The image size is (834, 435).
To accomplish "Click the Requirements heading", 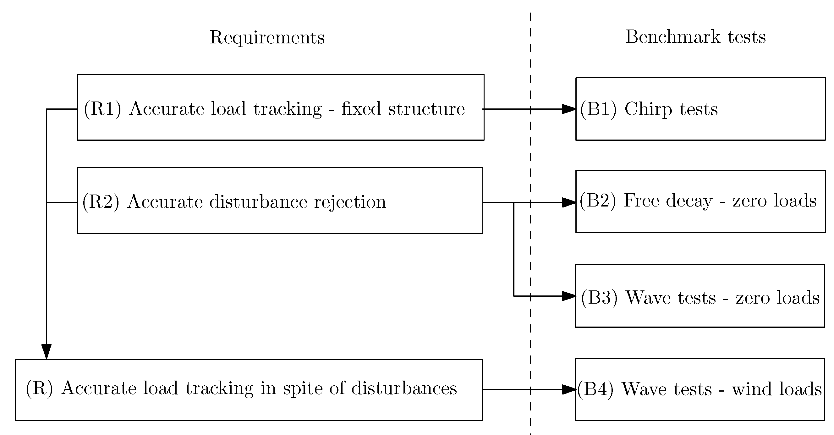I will pyautogui.click(x=267, y=38).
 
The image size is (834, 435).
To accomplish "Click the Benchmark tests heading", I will pyautogui.click(x=695, y=37).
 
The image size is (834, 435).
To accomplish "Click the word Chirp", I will pyautogui.click(x=648, y=109).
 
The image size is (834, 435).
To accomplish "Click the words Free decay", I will pyautogui.click(x=668, y=201).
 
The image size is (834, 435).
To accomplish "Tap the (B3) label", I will pyautogui.click(x=599, y=297).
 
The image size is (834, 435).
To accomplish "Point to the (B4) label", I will pyautogui.click(x=595, y=389).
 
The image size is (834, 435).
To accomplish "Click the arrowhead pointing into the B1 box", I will pyautogui.click(x=568, y=109).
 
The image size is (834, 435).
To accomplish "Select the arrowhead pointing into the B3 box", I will pyautogui.click(x=568, y=296).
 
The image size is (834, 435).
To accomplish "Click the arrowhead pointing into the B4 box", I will pyautogui.click(x=568, y=390).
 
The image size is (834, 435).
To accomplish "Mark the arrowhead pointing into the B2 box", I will pyautogui.click(x=568, y=203).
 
